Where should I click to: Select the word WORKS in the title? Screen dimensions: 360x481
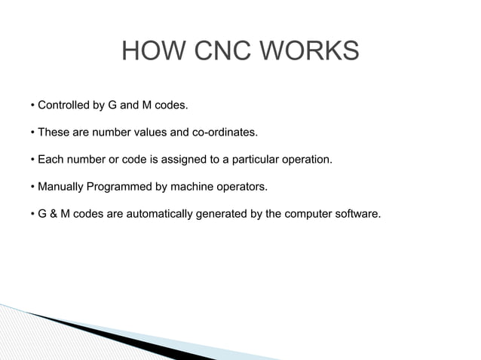(309, 52)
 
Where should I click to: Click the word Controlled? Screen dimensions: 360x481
(66, 105)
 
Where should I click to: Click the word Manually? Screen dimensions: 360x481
(62, 187)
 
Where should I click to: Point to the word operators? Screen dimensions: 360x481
(241, 187)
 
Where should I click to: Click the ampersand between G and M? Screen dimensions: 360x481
(54, 214)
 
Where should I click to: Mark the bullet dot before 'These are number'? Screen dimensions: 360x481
(33, 133)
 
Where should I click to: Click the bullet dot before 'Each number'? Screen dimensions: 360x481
(33, 160)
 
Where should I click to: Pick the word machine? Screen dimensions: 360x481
(189, 187)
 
